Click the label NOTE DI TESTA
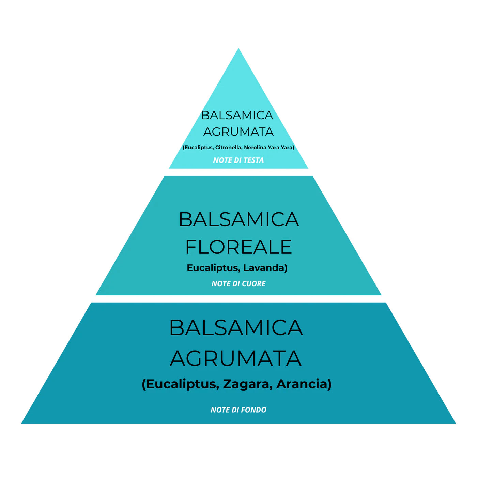(238, 160)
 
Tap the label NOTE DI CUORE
(238, 283)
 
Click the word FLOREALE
(238, 247)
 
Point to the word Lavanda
(265, 268)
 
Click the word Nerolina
(256, 148)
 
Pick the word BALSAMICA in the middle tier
(238, 219)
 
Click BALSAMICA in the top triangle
(237, 116)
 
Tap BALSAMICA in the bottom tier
(236, 328)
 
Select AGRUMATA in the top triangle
(238, 132)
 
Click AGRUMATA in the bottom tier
(236, 358)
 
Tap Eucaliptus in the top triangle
(198, 148)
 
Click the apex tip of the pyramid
(238, 48)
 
